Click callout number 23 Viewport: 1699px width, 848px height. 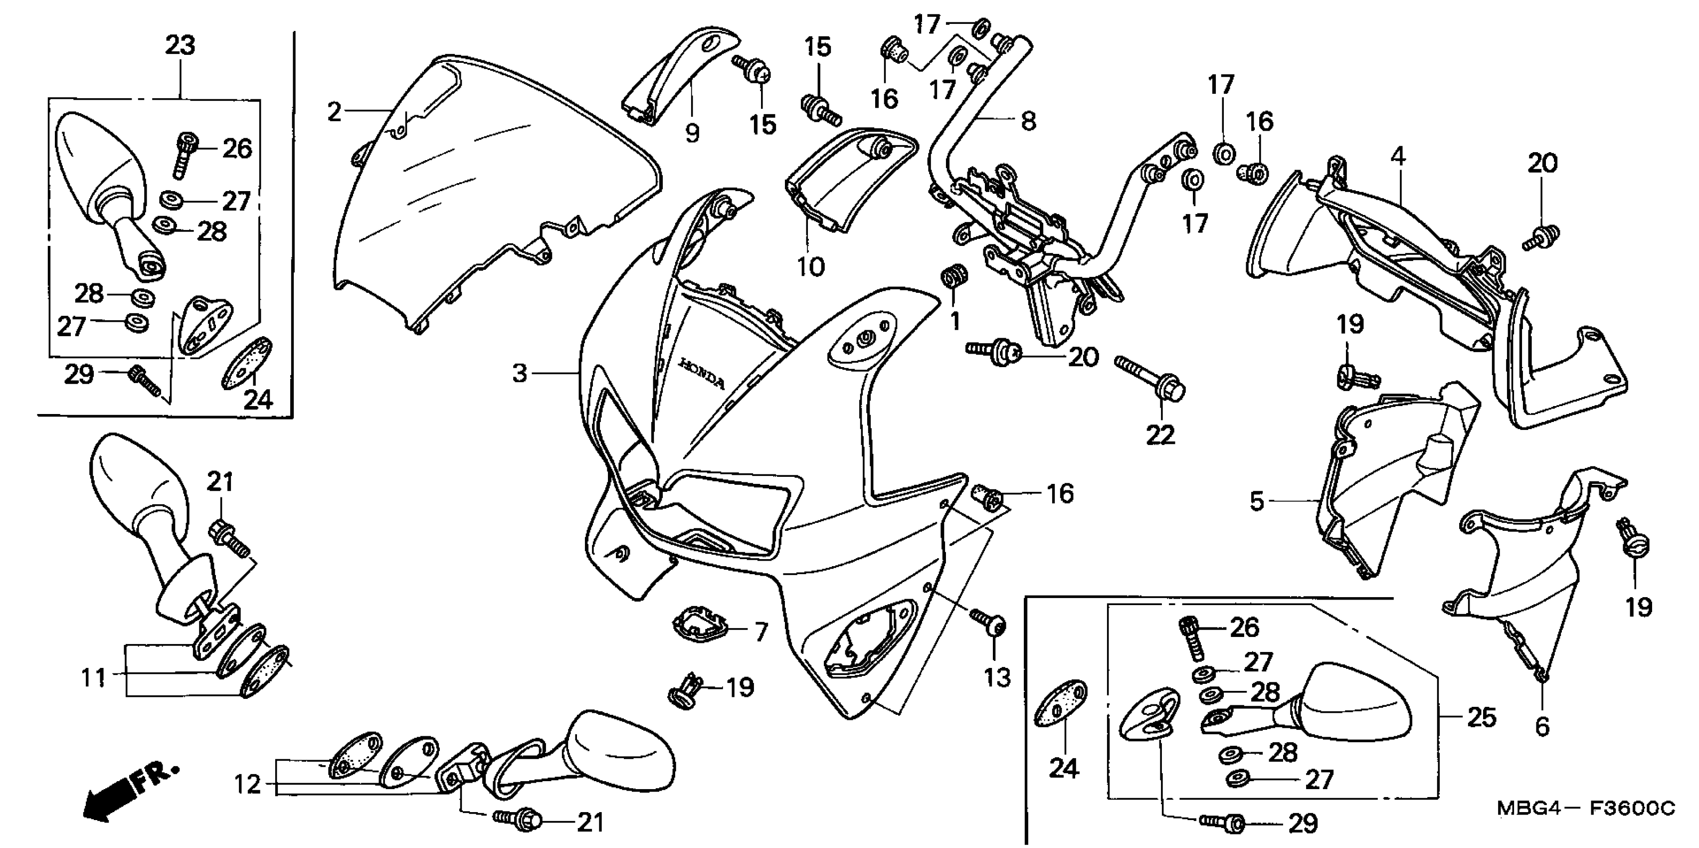pyautogui.click(x=180, y=45)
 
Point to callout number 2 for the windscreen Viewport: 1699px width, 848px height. pyautogui.click(x=335, y=112)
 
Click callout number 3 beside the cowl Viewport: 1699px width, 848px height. pyautogui.click(x=521, y=374)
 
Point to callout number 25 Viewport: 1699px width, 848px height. pyautogui.click(x=1481, y=717)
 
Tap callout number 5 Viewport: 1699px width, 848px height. pyautogui.click(x=1257, y=501)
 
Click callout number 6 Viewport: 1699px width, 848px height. pyautogui.click(x=1541, y=727)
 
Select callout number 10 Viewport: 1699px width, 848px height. pyautogui.click(x=810, y=266)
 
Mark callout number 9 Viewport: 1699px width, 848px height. pyautogui.click(x=692, y=133)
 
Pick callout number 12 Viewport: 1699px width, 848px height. pyautogui.click(x=247, y=785)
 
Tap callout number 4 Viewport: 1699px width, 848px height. pyautogui.click(x=1398, y=157)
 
